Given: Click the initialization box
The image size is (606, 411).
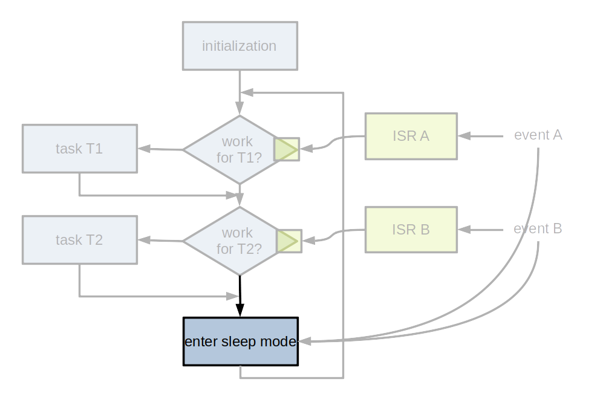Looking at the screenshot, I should coord(240,46).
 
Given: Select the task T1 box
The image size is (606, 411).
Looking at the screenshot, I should coord(80,149).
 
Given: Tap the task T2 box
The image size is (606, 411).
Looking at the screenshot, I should coord(80,240).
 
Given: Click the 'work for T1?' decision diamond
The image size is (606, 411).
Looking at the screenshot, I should coord(233,150).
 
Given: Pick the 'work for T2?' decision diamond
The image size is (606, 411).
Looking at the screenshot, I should coord(233,241).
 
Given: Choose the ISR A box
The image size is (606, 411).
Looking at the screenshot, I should coord(411,136).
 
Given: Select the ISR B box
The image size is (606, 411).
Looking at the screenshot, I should coord(411,230).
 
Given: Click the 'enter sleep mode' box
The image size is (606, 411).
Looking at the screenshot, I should coord(241,341).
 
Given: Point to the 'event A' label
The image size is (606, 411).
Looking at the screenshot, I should coord(538,135).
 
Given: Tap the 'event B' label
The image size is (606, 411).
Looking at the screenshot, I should coord(538,228).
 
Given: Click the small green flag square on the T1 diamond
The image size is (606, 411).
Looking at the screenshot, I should coord(287,149).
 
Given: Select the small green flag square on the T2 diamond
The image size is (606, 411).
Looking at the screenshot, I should coord(288,241).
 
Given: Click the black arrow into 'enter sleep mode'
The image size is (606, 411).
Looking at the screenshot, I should coord(240,296).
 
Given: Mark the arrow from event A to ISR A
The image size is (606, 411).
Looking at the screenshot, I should coord(481,136).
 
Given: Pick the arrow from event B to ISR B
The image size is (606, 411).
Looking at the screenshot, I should coord(481,230).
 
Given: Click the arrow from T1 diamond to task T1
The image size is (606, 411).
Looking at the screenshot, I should coord(160,149).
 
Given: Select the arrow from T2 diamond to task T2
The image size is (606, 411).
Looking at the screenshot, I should coord(160,241).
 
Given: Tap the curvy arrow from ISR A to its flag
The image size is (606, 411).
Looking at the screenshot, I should coord(333,143).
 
